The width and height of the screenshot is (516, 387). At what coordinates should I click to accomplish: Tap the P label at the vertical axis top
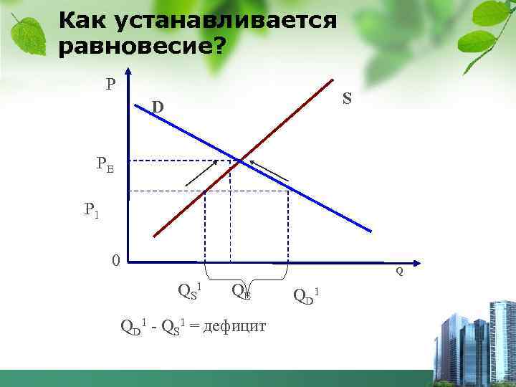110,85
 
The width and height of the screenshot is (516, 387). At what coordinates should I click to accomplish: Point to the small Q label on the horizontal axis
399,272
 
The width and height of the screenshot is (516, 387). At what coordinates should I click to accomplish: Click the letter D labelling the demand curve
157,107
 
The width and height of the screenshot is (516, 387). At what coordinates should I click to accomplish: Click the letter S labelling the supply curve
347,99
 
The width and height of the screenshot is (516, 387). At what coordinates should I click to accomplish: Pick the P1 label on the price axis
91,210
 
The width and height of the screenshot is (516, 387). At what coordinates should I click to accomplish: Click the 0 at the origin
115,259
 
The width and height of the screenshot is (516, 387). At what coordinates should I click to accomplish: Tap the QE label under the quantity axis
240,290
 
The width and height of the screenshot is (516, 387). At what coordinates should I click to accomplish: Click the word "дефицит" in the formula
235,327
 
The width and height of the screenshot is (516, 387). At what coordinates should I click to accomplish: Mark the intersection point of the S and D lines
239,161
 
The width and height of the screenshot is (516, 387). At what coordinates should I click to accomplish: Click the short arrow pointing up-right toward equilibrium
201,173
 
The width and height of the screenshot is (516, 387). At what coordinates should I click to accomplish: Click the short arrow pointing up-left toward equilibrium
269,170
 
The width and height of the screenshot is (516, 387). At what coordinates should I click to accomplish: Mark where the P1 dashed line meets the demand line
288,191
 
